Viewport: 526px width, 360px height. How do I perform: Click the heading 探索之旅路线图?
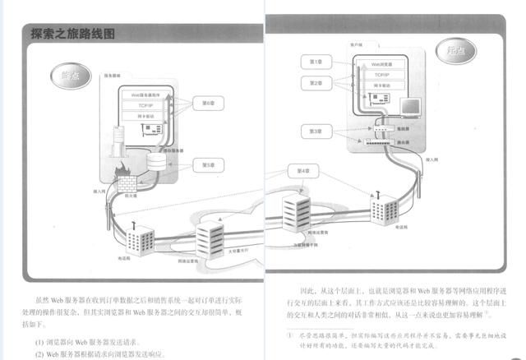(72, 35)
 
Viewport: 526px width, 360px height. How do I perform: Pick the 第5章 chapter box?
(208, 164)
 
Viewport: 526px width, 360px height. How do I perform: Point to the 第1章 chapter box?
(317, 62)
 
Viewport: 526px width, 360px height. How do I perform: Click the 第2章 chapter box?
(317, 83)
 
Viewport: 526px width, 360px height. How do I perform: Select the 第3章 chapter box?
(317, 131)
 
